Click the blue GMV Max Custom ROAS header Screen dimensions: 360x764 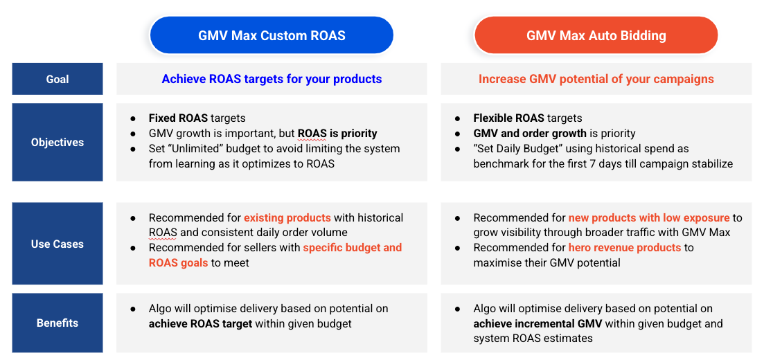[x=272, y=36]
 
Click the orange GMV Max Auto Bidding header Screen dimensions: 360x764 [x=596, y=36]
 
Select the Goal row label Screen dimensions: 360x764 [x=57, y=79]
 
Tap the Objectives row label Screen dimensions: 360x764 [x=57, y=142]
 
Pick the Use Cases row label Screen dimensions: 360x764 [x=57, y=244]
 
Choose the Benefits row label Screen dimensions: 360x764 [x=57, y=323]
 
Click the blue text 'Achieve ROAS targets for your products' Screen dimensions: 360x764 [x=272, y=79]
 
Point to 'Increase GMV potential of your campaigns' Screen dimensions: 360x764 [x=596, y=79]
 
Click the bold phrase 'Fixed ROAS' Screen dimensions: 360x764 [x=178, y=118]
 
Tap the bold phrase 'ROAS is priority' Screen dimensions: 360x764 [x=337, y=134]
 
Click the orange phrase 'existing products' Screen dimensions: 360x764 [x=287, y=218]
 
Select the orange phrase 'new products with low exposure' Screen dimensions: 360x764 [x=649, y=218]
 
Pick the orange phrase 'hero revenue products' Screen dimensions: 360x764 [x=625, y=248]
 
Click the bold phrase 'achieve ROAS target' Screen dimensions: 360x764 [x=200, y=324]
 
